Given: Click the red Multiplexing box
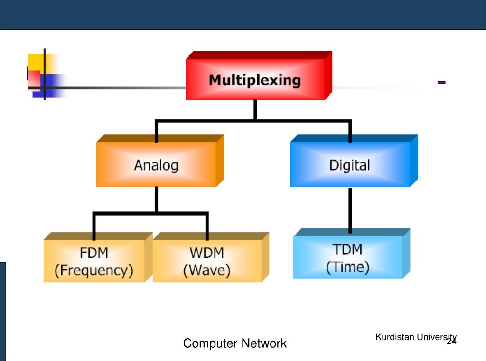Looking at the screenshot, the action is point(259,75).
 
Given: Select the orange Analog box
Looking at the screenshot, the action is point(160,161).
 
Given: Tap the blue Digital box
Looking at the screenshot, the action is point(354,161).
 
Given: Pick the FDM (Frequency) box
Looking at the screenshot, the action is point(98,257).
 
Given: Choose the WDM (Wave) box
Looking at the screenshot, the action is point(211,257).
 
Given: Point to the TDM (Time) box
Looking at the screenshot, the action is point(352,253).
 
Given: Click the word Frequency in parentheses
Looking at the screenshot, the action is point(94,271).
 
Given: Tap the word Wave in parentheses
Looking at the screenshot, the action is point(207,271).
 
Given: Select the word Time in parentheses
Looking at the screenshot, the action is point(348,267).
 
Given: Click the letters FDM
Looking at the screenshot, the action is point(94,253).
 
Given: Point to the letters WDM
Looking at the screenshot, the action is point(207,253).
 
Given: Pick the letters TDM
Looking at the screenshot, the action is point(348,249).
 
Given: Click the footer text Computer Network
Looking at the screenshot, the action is point(234,343).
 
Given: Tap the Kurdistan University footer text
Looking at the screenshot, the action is point(416,337).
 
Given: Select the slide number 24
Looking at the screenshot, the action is point(451,341).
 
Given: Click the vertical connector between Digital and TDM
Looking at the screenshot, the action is point(350,210).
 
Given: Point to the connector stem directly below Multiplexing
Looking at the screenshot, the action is point(255,110).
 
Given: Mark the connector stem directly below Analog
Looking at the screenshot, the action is point(156,199).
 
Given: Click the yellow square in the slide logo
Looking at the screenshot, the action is point(36,62).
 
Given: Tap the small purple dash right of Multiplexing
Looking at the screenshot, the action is point(441,82).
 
